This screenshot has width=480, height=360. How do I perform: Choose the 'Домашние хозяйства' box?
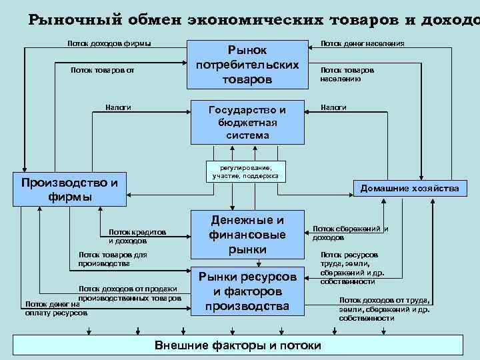click(x=409, y=189)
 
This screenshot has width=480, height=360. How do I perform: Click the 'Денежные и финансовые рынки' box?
click(x=247, y=235)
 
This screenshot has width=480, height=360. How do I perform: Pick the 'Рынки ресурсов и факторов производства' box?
click(x=247, y=291)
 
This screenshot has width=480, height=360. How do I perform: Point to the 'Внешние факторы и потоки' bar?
click(x=238, y=346)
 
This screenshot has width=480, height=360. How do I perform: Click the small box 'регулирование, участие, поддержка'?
click(x=247, y=171)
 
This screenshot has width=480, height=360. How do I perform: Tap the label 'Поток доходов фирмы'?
click(x=109, y=44)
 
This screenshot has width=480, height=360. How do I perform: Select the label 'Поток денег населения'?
click(x=362, y=44)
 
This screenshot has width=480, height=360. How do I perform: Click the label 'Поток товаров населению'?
click(x=347, y=73)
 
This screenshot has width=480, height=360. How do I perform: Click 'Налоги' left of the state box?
click(x=118, y=107)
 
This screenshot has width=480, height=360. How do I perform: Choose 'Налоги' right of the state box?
click(x=333, y=107)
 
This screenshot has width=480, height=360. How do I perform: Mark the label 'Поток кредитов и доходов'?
click(x=137, y=236)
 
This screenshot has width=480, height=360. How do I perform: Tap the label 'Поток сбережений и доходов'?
click(x=350, y=233)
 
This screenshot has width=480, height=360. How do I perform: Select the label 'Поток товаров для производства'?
click(x=112, y=259)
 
